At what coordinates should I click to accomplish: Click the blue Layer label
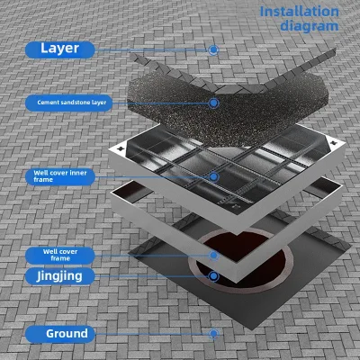pos(60,49)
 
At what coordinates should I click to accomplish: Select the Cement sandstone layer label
pos(68,103)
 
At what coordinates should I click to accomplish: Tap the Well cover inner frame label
pos(60,176)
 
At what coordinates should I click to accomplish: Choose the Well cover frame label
pos(60,256)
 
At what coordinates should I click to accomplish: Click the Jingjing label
pos(60,276)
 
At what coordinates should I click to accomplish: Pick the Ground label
pos(60,334)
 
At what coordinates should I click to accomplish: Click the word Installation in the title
pos(299,12)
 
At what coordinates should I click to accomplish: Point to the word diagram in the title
pos(310,26)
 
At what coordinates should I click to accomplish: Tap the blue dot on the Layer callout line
pos(213,49)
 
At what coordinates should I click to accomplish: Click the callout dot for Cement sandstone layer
pos(213,103)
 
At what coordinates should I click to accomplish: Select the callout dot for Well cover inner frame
pos(213,176)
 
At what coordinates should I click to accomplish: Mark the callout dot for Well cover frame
pos(213,256)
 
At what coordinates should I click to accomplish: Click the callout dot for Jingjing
pos(213,276)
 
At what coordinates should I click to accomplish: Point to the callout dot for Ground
pos(213,334)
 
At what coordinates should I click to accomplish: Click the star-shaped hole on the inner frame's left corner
pos(121,148)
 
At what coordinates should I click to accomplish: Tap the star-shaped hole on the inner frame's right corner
pos(333,142)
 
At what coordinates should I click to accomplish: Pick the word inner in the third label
pos(78,173)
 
